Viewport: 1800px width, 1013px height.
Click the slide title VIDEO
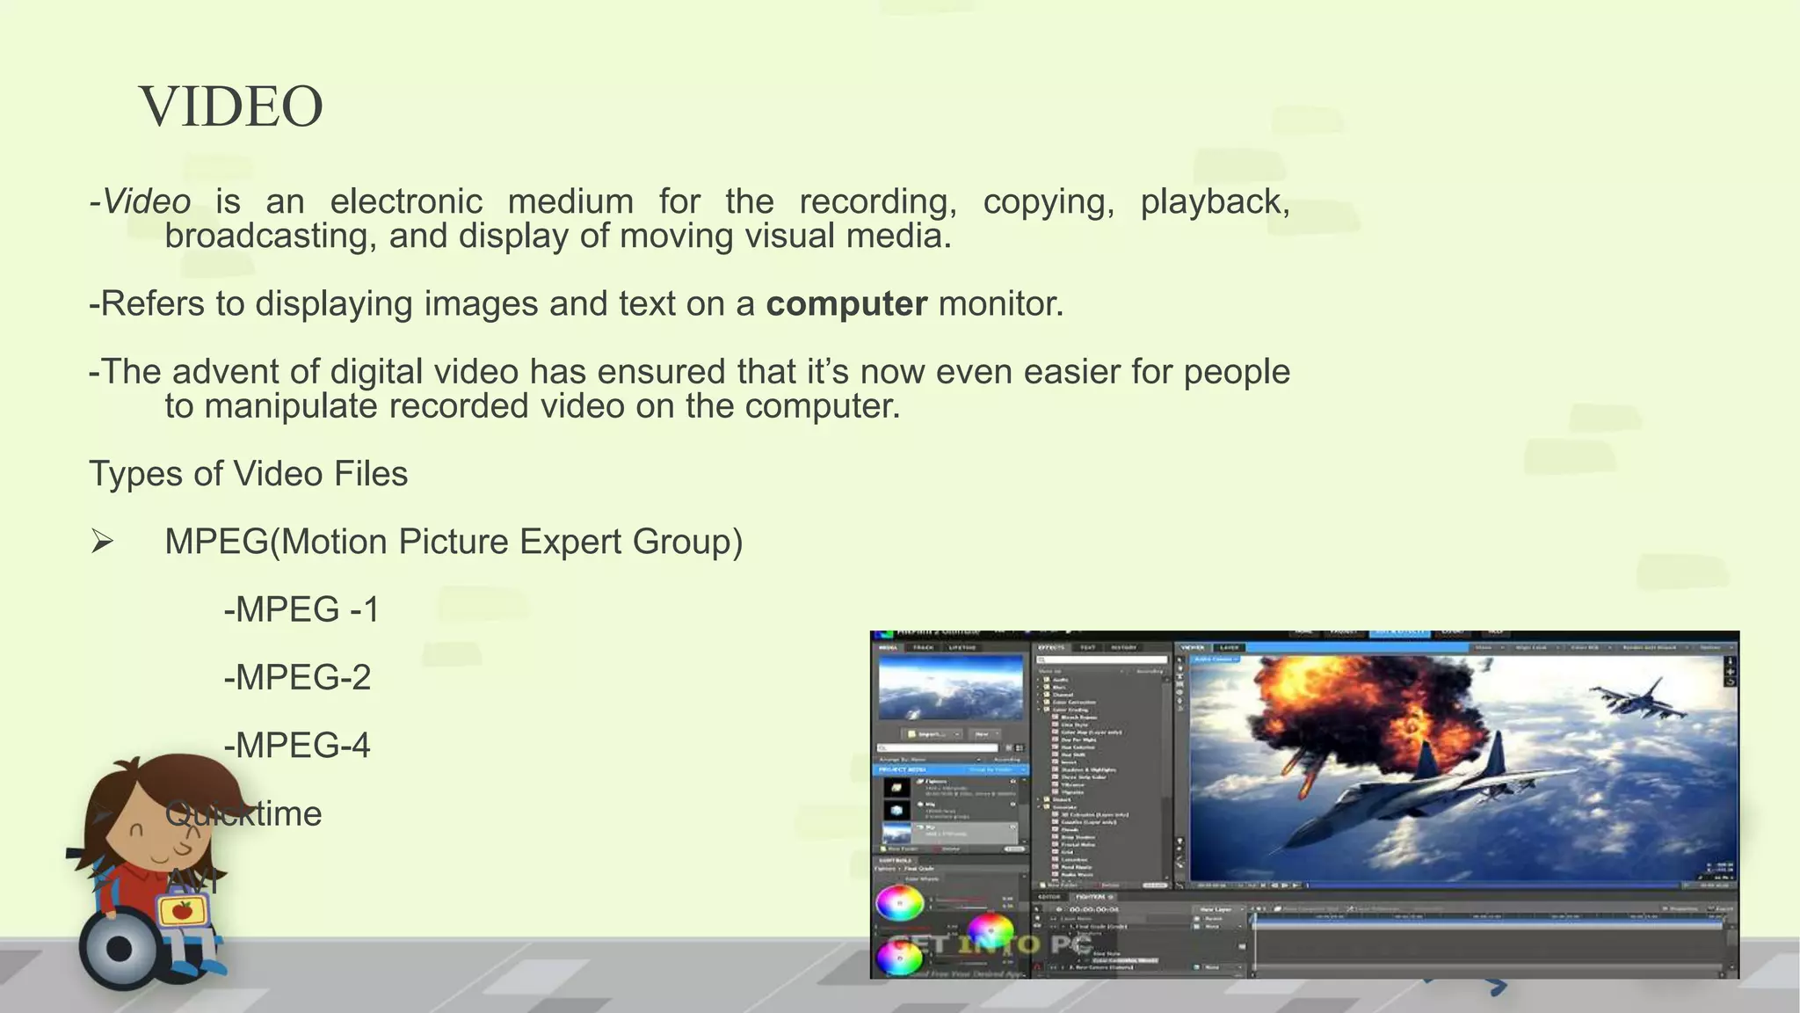click(x=231, y=106)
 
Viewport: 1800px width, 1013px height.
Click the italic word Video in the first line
click(x=146, y=201)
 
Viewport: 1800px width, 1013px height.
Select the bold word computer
click(x=846, y=304)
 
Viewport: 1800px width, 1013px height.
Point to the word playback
click(x=1215, y=201)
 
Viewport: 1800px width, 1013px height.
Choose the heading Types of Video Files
click(x=249, y=474)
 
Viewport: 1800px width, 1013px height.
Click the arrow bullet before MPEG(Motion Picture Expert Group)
click(x=102, y=542)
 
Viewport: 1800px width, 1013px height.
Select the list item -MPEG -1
click(x=301, y=609)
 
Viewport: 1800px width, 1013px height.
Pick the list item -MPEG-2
click(x=297, y=677)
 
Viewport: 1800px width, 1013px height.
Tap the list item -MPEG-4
click(x=297, y=746)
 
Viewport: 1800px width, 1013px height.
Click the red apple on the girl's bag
click(x=183, y=910)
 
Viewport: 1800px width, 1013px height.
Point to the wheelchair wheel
click(x=120, y=949)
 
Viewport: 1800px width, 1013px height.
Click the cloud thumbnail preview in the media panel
click(x=951, y=688)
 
